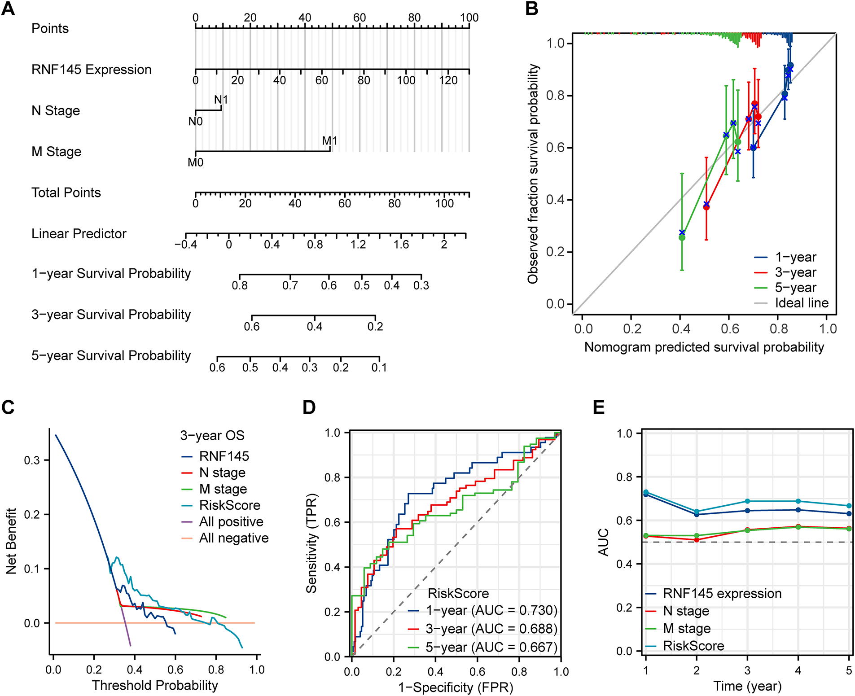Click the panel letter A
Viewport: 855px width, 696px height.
[8, 9]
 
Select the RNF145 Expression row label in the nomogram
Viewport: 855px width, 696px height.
[91, 70]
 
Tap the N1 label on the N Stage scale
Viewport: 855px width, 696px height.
[221, 100]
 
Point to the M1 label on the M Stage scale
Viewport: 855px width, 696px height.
[329, 141]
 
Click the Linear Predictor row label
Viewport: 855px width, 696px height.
[79, 234]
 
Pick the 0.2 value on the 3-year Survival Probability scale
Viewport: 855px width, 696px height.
[375, 327]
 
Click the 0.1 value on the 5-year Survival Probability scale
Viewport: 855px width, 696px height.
[379, 368]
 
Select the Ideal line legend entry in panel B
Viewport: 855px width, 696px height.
[801, 303]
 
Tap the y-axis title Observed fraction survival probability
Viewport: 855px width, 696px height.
[533, 174]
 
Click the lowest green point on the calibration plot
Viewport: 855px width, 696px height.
[682, 237]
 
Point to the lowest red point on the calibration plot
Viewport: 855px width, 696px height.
[706, 207]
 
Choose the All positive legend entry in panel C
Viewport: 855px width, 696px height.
[231, 522]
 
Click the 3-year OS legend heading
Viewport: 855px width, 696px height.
[212, 435]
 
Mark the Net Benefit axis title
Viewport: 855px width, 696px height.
[11, 541]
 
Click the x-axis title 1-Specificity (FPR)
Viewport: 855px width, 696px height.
[456, 687]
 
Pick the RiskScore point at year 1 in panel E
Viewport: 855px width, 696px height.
[646, 492]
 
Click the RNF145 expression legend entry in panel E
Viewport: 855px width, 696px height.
[722, 594]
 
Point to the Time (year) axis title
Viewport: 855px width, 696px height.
[747, 686]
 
